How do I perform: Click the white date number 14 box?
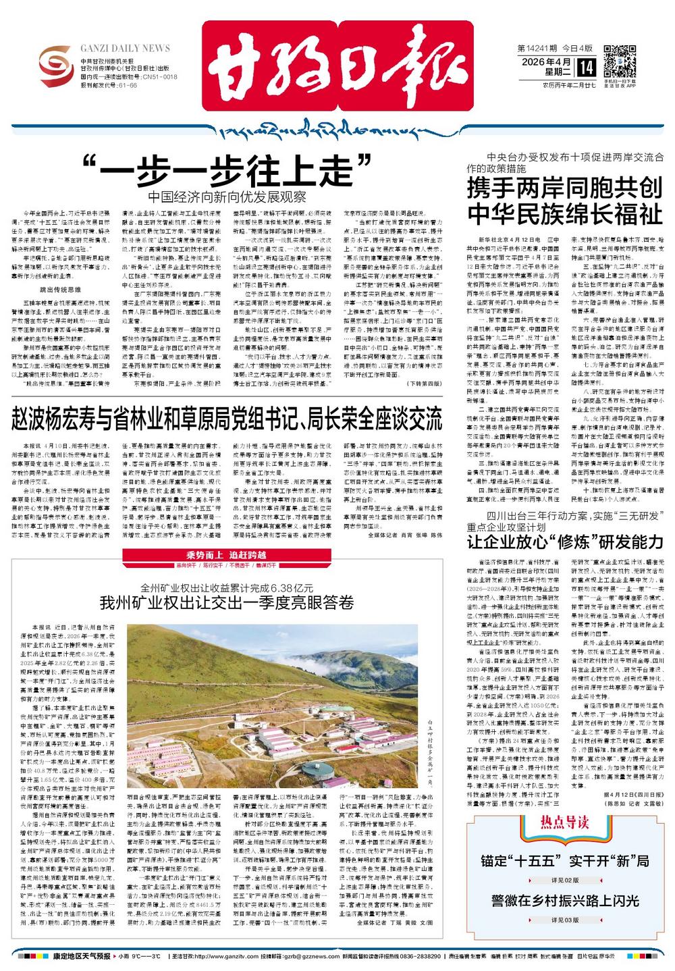click(x=586, y=67)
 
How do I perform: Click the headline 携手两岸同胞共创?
click(x=564, y=188)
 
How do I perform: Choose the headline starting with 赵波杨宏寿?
click(x=227, y=419)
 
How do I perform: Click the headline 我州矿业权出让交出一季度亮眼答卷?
click(x=227, y=602)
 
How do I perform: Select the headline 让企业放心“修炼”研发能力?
click(x=565, y=542)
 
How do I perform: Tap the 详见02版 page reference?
click(x=565, y=880)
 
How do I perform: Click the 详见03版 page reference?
click(x=565, y=920)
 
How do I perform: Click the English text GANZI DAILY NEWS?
click(x=125, y=49)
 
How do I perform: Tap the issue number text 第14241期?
click(x=537, y=49)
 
